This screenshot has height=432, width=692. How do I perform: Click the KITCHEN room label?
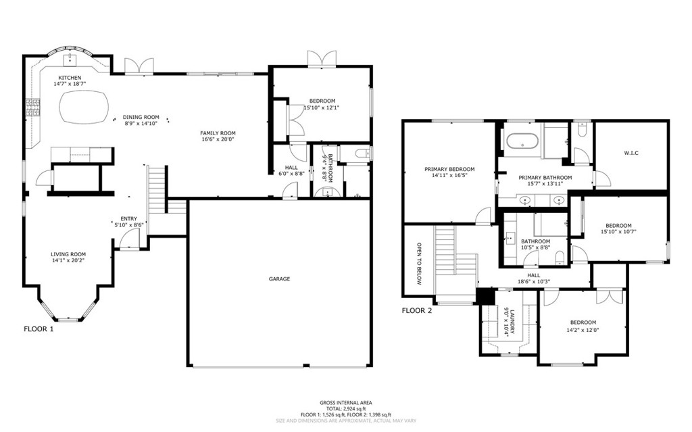pos(70,78)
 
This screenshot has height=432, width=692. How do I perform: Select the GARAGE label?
pos(279,279)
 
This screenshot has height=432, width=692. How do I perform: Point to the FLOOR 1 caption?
pos(39,329)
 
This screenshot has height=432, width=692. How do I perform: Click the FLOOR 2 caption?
pos(417,311)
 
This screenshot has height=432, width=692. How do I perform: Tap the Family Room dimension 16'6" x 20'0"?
pos(218,140)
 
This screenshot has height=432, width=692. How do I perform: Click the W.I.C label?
pos(631,153)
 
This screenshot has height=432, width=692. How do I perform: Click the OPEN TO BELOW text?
pos(419,263)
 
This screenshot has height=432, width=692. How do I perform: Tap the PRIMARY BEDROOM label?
pos(449,169)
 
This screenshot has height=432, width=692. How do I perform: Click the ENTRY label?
pos(129,218)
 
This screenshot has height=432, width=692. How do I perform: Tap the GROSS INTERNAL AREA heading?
pos(345,402)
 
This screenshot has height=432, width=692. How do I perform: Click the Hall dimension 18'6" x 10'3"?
pos(534,282)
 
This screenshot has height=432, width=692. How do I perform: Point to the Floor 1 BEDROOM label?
pos(322,101)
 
